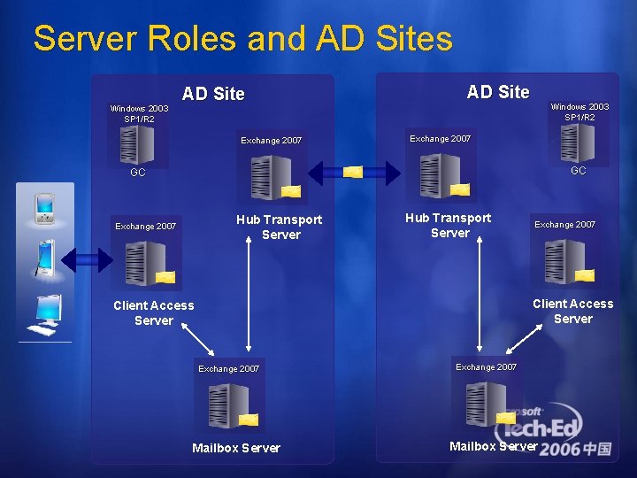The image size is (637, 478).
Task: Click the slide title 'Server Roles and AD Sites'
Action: click(242, 39)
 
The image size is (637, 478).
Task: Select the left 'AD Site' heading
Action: click(213, 94)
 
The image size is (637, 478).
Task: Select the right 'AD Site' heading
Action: click(498, 92)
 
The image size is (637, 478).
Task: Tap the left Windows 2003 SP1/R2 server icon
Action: click(137, 144)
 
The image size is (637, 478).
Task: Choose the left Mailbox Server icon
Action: click(228, 405)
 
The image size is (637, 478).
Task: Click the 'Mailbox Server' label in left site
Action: click(236, 448)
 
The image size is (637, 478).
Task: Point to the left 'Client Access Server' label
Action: click(154, 312)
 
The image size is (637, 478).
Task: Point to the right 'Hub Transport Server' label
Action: click(449, 226)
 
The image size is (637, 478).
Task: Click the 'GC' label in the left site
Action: click(138, 173)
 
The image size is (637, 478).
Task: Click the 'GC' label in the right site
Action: click(579, 170)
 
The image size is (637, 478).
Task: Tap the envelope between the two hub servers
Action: click(353, 171)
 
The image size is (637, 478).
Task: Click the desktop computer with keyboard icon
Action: click(44, 314)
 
